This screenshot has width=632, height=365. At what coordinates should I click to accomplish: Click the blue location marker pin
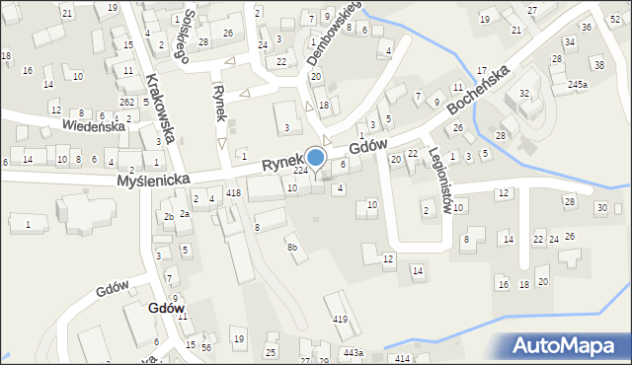pos(316,158)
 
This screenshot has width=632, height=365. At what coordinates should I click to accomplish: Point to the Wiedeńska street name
pos(93,126)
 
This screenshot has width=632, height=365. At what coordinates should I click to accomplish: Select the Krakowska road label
pos(159,108)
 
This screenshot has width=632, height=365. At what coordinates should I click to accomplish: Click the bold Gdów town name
pos(165,308)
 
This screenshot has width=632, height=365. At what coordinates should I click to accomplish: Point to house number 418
pos(233,192)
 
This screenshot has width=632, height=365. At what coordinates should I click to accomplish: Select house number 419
pos(340,319)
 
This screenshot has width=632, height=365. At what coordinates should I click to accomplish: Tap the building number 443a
pos(354,352)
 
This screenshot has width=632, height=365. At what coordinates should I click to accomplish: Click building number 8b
pos(291,248)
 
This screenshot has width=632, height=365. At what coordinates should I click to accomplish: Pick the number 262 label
pos(126,102)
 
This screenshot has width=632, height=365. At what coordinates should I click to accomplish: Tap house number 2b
pos(169,217)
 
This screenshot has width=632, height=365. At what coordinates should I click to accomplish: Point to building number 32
pos(524,93)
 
